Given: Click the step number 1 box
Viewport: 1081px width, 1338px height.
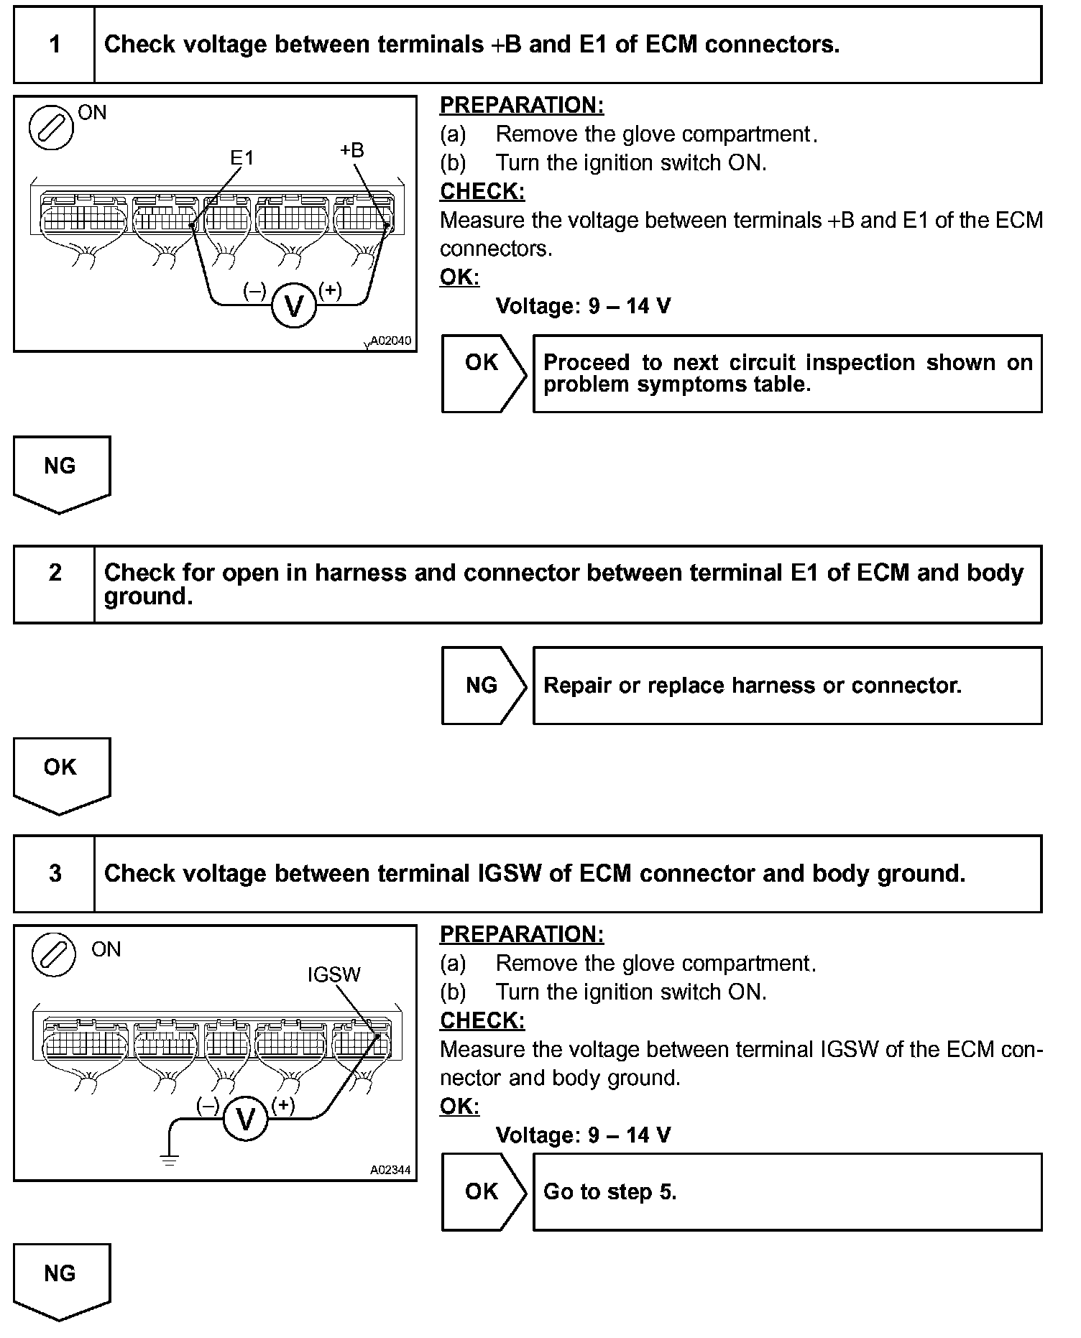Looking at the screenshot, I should pyautogui.click(x=55, y=45).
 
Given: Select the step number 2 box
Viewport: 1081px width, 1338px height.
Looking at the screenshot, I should pyautogui.click(x=55, y=573).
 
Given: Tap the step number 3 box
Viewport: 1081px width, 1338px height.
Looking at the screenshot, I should pyautogui.click(x=55, y=874).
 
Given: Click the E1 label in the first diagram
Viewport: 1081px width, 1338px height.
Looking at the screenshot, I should pyautogui.click(x=242, y=157).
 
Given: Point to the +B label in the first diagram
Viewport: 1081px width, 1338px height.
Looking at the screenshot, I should pyautogui.click(x=351, y=150).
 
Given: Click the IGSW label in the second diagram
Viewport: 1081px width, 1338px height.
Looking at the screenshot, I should pyautogui.click(x=333, y=974).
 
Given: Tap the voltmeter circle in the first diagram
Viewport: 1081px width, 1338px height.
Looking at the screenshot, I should pyautogui.click(x=294, y=305).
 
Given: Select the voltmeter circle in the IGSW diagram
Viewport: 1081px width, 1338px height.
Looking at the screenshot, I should pyautogui.click(x=245, y=1119).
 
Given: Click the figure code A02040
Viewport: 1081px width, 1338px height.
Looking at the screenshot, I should pyautogui.click(x=391, y=341).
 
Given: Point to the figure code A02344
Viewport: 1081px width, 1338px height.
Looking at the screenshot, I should pyautogui.click(x=391, y=1170).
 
